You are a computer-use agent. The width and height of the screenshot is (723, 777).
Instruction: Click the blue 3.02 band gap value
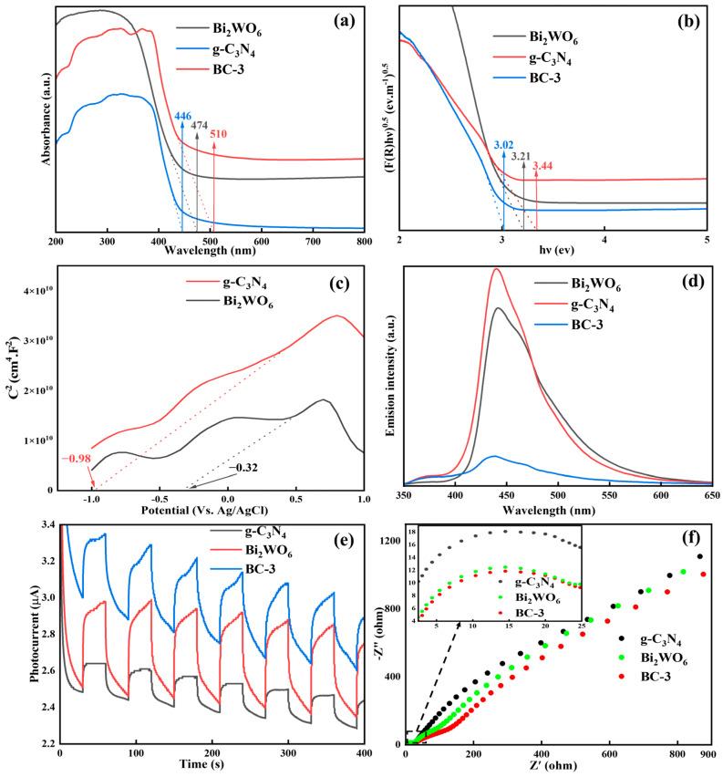point(502,144)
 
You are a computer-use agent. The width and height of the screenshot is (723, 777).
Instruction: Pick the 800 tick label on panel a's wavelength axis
point(362,241)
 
